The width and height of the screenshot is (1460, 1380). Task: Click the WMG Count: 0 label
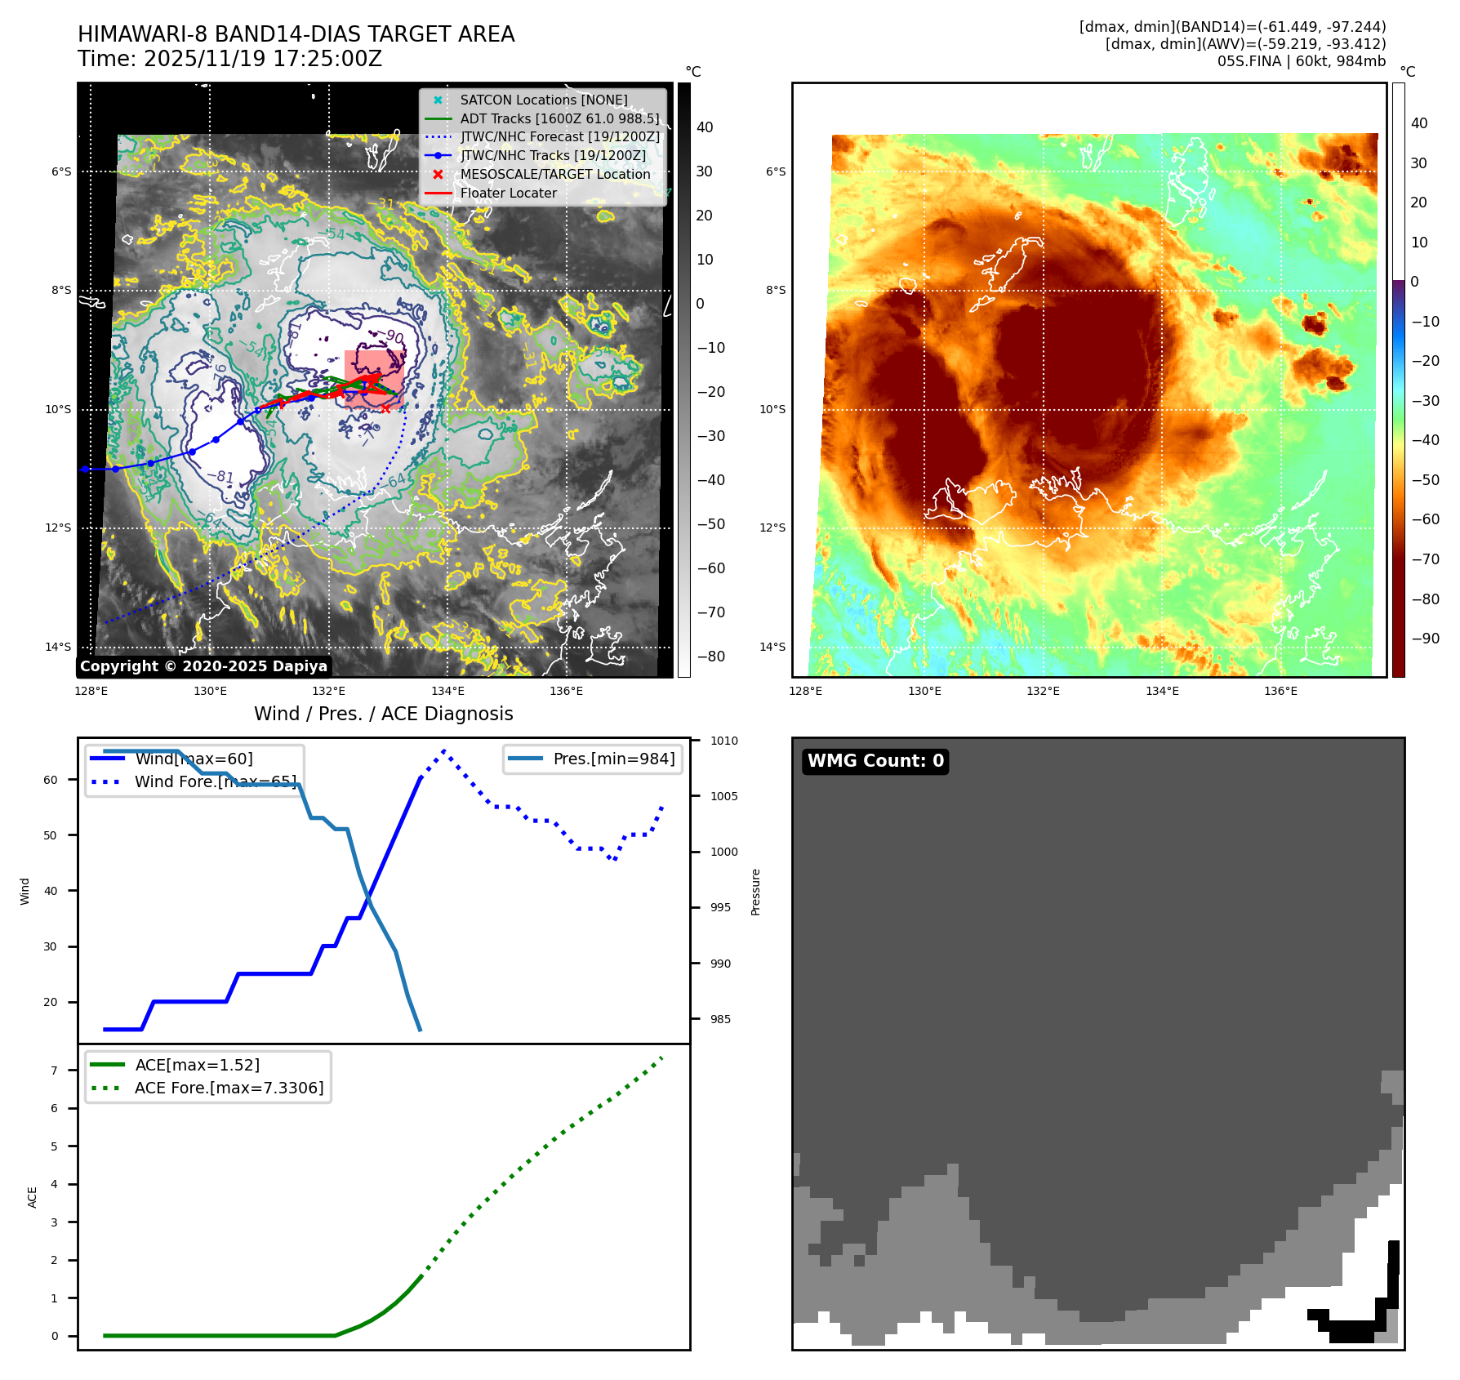tap(875, 761)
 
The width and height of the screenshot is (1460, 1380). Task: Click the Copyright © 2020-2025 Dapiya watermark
tap(203, 666)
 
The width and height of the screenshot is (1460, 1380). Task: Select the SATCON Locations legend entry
tap(543, 100)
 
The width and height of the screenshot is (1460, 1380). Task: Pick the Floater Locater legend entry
tap(508, 193)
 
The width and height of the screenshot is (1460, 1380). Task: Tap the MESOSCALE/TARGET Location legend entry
tap(554, 174)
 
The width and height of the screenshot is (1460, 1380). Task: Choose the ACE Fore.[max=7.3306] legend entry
tap(229, 1088)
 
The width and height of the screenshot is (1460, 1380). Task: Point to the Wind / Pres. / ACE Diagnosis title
tap(384, 714)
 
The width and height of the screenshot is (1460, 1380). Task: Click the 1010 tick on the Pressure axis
tap(723, 741)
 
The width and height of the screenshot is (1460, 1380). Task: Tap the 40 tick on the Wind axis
tap(51, 891)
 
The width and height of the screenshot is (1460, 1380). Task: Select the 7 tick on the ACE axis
tap(55, 1071)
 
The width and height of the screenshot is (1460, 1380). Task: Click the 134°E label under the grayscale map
tap(447, 691)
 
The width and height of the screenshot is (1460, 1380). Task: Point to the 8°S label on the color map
tap(776, 290)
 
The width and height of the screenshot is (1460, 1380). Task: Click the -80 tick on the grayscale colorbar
tap(710, 657)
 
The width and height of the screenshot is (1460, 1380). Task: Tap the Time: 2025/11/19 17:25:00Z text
tap(230, 59)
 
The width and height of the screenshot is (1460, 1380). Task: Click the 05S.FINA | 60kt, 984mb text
tap(1302, 61)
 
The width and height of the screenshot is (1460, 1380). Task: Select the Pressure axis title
tap(755, 892)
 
